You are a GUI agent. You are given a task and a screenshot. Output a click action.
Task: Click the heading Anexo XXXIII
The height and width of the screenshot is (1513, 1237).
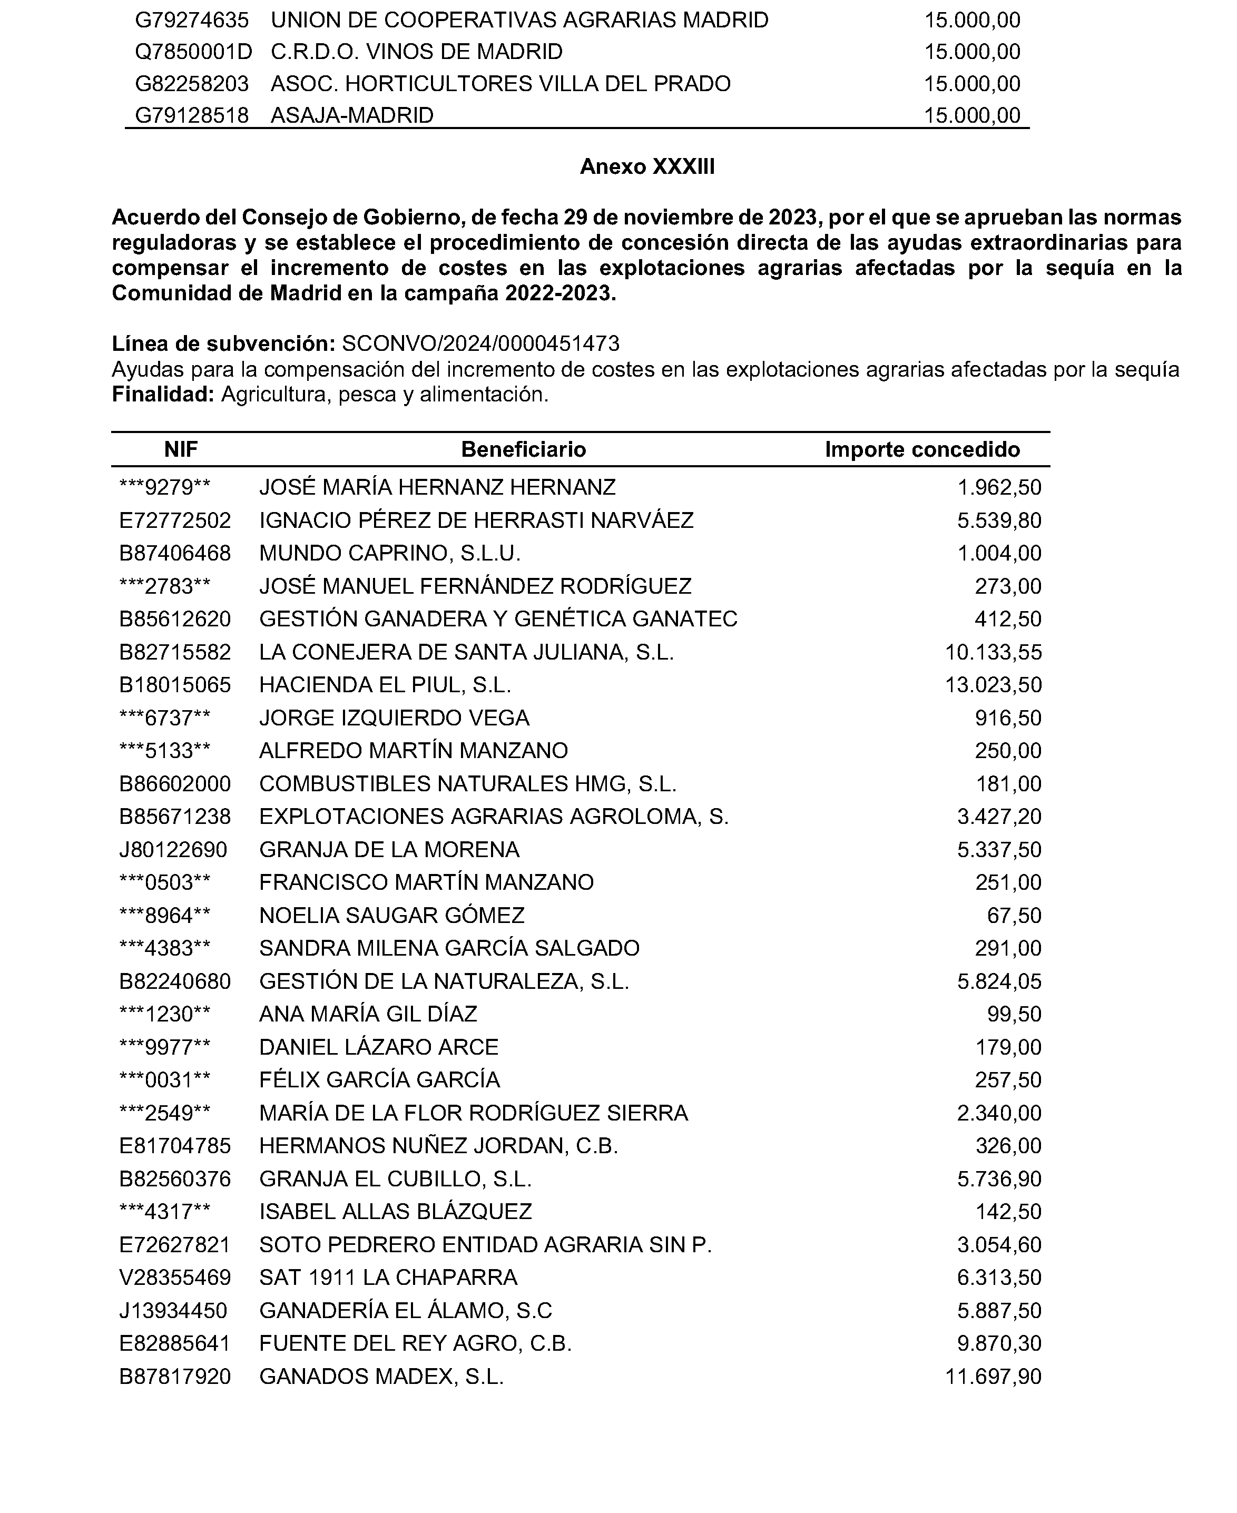pyautogui.click(x=647, y=166)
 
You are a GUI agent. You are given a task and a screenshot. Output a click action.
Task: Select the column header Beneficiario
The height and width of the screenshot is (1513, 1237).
pyautogui.click(x=523, y=449)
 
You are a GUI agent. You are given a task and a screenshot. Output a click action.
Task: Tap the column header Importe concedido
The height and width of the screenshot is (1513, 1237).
pyautogui.click(x=922, y=449)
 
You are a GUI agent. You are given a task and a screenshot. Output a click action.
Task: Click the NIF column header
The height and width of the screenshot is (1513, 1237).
pyautogui.click(x=181, y=449)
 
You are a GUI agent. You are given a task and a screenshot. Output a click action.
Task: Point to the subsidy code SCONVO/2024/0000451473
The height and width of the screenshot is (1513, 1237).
pyautogui.click(x=480, y=344)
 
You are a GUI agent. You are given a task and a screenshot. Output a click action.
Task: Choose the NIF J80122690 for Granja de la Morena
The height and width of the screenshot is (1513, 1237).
pyautogui.click(x=173, y=850)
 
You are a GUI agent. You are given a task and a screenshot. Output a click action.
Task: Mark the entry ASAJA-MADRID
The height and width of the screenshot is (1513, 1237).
pyautogui.click(x=352, y=115)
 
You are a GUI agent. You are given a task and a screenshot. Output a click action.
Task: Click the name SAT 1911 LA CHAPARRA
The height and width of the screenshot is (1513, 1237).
pyautogui.click(x=388, y=1277)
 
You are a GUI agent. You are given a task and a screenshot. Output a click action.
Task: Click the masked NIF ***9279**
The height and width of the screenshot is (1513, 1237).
pyautogui.click(x=164, y=488)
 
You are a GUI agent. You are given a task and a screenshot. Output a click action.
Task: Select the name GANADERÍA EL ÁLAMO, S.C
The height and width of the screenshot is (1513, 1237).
pyautogui.click(x=406, y=1311)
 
